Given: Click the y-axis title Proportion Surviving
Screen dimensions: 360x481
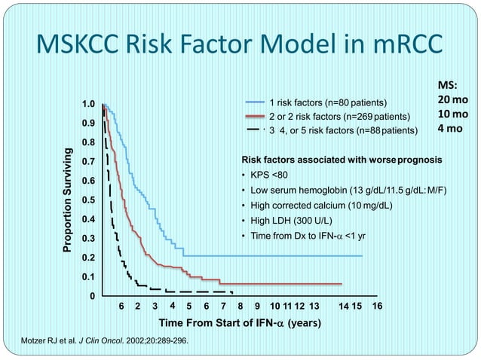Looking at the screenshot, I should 67,200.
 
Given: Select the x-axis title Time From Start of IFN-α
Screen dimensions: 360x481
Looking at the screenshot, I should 240,323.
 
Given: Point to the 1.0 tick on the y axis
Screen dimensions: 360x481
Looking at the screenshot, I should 88,104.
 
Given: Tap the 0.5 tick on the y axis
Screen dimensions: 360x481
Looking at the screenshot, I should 88,200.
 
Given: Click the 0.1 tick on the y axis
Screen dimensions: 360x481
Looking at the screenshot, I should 88,277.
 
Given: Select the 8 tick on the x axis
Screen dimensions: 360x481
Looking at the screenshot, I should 240,306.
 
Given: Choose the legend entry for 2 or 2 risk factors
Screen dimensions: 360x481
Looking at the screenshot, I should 339,116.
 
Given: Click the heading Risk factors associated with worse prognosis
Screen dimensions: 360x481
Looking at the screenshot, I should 342,160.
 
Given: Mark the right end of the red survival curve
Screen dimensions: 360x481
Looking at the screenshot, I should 342,284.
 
